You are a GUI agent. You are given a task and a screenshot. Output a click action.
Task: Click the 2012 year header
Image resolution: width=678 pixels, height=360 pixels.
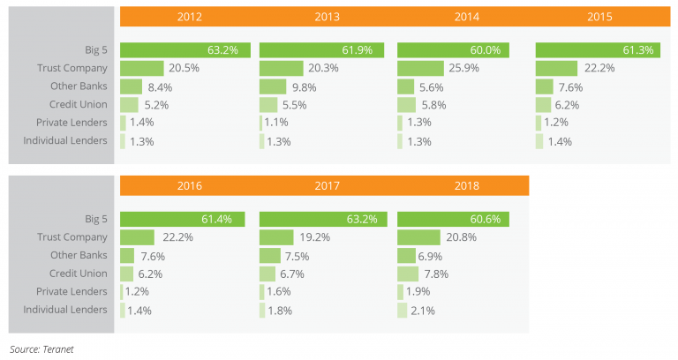point(189,17)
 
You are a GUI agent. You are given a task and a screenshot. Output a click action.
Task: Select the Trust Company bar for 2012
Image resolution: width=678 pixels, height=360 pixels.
point(142,68)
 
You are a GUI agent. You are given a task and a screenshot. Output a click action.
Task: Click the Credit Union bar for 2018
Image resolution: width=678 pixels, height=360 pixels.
point(408,274)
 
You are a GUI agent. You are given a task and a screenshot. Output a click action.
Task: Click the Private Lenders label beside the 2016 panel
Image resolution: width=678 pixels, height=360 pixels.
point(74,291)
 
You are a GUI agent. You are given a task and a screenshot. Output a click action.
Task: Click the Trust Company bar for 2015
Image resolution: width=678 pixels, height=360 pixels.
point(556,68)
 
